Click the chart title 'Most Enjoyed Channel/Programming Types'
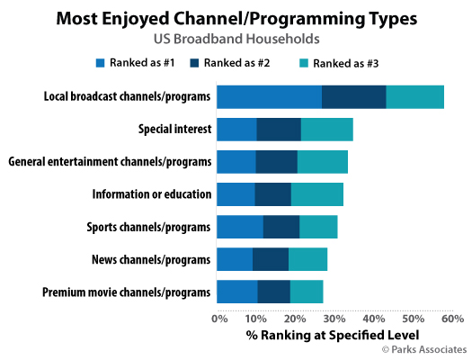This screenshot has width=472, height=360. point(236,17)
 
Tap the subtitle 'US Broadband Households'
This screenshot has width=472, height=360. point(236,39)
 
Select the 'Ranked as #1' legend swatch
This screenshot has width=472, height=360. point(101,63)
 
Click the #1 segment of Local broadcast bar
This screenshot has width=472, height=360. point(269,96)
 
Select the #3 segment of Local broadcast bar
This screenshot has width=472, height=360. point(414,96)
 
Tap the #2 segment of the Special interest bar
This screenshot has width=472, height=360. point(279,129)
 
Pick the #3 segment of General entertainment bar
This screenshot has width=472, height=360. point(323,162)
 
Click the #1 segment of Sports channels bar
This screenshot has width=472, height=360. point(239,227)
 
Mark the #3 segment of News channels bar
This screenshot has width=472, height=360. point(308,259)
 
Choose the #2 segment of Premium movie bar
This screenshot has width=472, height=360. point(274,292)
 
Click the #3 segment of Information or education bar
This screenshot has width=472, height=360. point(317,194)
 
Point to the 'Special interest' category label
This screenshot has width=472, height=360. point(175,130)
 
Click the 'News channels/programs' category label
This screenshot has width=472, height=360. point(151,260)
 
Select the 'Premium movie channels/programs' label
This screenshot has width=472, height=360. point(127,292)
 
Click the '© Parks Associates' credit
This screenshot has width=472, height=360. point(424,349)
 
